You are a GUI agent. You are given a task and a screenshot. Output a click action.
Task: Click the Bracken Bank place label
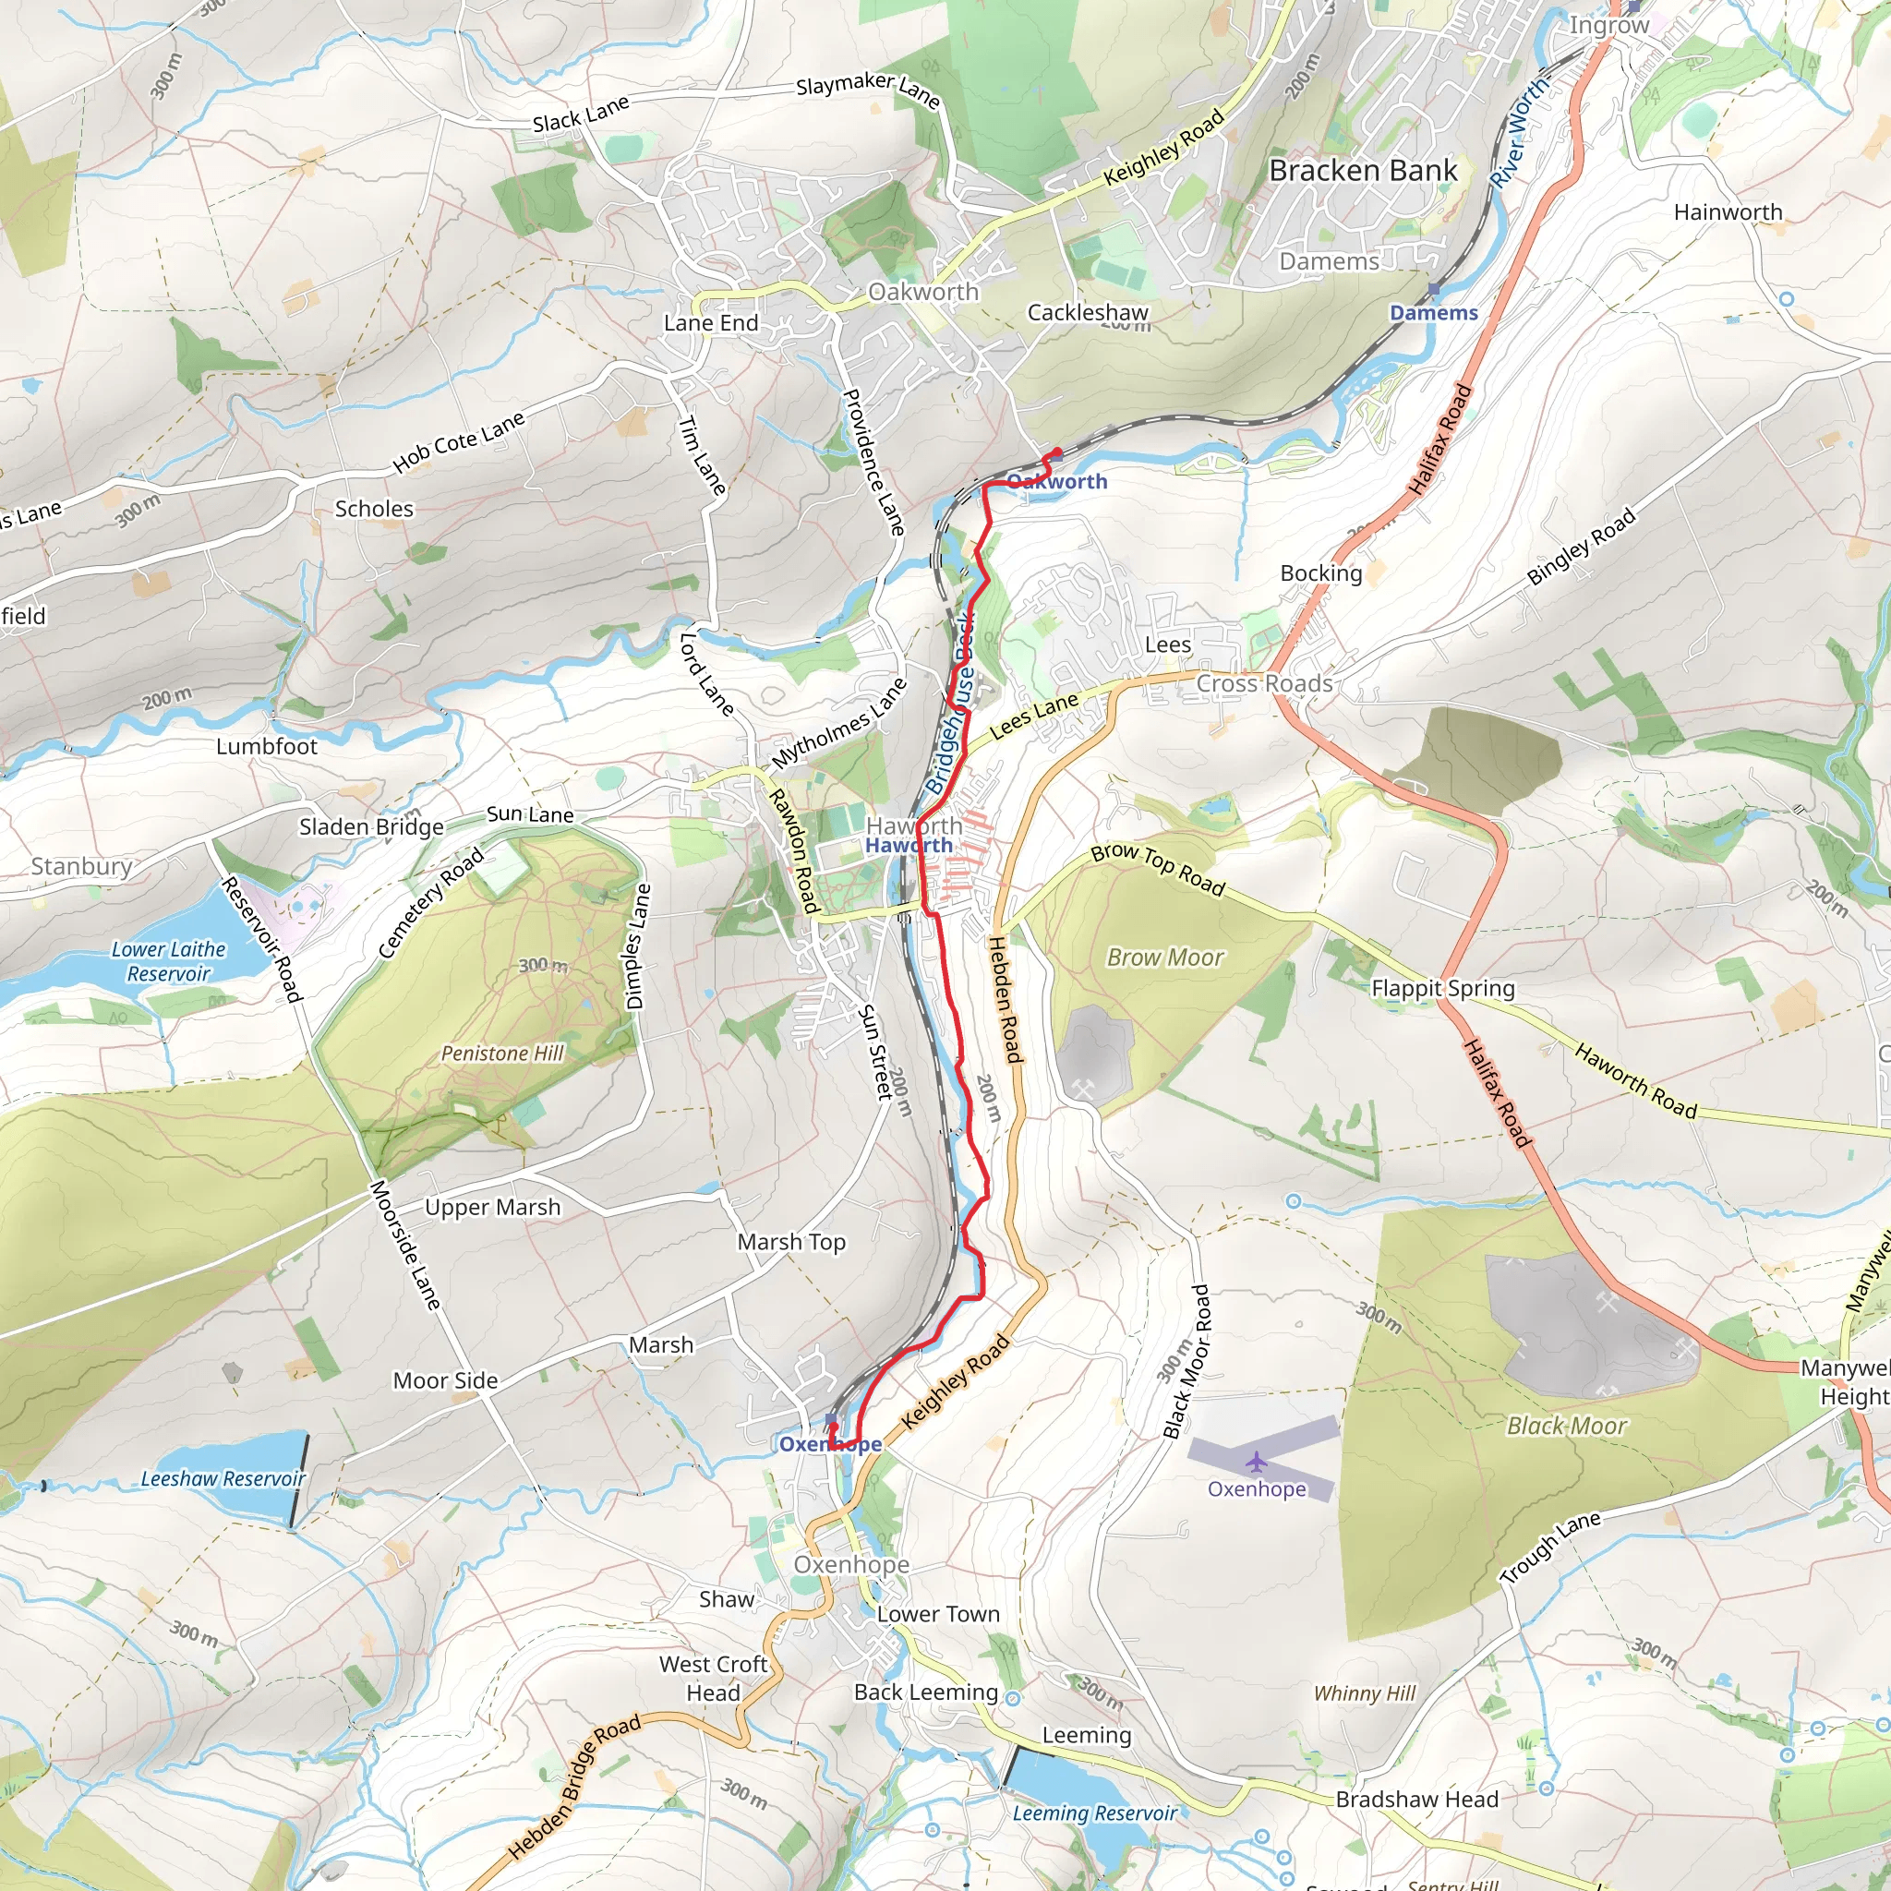(x=1363, y=170)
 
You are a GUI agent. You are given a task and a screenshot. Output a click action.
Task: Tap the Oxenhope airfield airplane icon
(x=1257, y=1463)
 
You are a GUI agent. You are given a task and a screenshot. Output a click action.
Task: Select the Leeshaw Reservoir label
(x=223, y=1479)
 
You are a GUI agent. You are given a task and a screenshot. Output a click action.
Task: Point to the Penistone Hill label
(x=502, y=1054)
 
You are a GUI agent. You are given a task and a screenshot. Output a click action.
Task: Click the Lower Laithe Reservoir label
(x=168, y=961)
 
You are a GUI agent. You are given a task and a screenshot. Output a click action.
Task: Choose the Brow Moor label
(x=1164, y=958)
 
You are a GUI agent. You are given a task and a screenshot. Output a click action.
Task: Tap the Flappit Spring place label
(x=1443, y=988)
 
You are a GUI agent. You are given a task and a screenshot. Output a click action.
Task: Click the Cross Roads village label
(x=1264, y=683)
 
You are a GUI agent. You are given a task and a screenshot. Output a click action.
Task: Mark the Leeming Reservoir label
(x=1094, y=1813)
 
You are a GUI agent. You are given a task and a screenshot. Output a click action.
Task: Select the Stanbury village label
(x=81, y=866)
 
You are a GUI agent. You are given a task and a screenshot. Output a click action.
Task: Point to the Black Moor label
(x=1566, y=1426)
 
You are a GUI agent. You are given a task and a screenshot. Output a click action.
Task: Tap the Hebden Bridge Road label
(x=574, y=1788)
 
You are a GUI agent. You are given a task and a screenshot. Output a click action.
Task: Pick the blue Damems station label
(x=1434, y=313)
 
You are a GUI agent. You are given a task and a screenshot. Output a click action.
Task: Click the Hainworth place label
(x=1728, y=212)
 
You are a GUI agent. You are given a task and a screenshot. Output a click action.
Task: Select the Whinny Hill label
(x=1365, y=1694)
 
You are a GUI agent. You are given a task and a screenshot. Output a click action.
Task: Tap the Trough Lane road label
(x=1550, y=1548)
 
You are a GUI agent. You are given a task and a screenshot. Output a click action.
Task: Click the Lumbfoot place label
(x=266, y=747)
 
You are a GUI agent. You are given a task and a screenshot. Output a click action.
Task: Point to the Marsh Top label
(x=791, y=1242)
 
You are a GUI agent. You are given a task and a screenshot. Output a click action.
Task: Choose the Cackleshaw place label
(x=1088, y=312)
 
